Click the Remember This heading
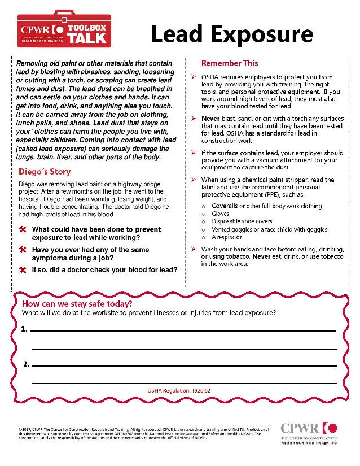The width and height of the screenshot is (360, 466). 230,63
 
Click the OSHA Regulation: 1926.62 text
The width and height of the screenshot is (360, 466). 178,390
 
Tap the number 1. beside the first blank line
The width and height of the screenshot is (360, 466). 24,328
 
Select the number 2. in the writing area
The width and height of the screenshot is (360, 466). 26,364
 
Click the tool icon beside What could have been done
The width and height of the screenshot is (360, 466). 23,230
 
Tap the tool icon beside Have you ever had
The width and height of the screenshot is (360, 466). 23,250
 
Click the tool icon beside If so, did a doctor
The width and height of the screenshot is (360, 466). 23,269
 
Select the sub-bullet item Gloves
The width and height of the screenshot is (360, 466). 221,214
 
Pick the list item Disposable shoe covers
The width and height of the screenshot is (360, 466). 242,222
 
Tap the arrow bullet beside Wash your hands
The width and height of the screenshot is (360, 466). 194,249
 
